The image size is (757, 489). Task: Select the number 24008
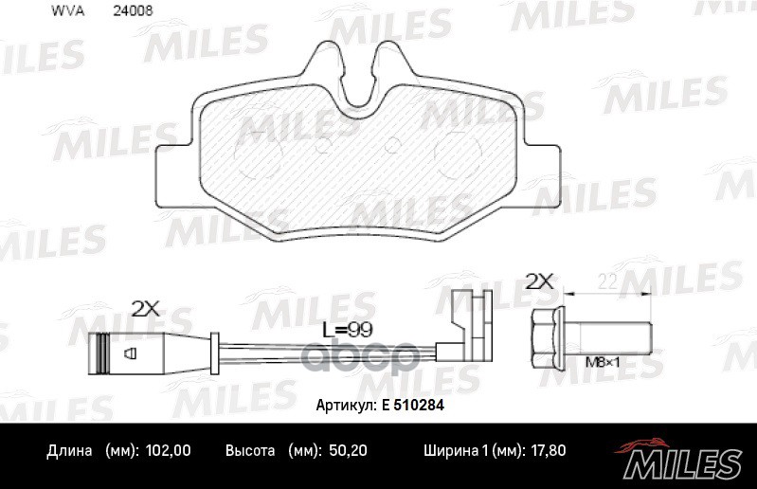pyautogui.click(x=133, y=12)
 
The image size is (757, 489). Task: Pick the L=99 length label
pyautogui.click(x=345, y=329)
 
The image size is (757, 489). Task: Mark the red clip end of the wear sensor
pyautogui.click(x=471, y=318)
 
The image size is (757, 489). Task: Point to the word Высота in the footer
pyautogui.click(x=250, y=452)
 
